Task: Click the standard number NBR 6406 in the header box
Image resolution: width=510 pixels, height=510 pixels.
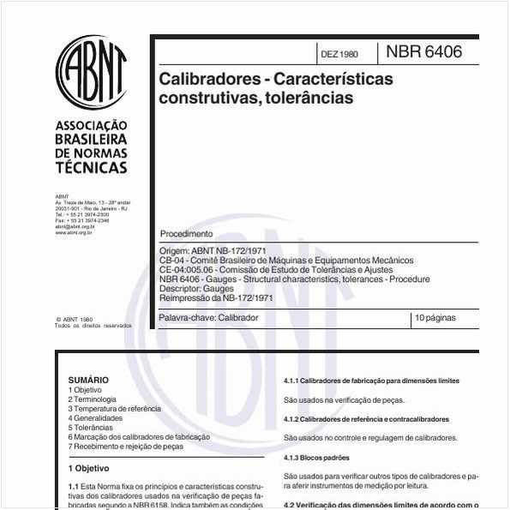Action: (x=423, y=52)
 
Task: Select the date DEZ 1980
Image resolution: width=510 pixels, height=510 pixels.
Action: (x=339, y=54)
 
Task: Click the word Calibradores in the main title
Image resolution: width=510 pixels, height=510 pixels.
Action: (x=206, y=78)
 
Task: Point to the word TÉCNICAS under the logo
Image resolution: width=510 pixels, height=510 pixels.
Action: (x=91, y=167)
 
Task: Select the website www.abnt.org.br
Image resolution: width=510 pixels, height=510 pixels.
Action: (x=74, y=232)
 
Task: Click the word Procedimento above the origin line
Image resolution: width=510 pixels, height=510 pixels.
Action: (x=186, y=234)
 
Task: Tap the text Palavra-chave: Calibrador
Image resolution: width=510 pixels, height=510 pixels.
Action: (x=209, y=318)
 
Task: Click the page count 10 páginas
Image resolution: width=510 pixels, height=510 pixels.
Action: (x=436, y=318)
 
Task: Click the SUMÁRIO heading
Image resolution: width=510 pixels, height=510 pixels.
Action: (x=88, y=380)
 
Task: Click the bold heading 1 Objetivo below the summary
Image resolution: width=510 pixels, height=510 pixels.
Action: (x=89, y=469)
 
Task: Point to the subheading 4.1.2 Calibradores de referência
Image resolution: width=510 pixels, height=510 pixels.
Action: (x=366, y=419)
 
